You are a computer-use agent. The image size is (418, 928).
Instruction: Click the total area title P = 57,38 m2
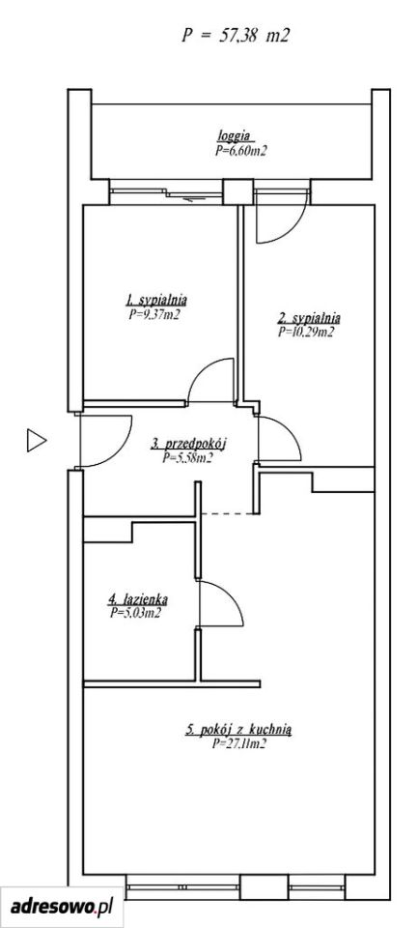pyautogui.click(x=236, y=36)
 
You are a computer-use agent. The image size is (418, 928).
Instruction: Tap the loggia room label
pyautogui.click(x=236, y=133)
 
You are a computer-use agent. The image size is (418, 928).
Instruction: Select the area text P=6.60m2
pyautogui.click(x=240, y=151)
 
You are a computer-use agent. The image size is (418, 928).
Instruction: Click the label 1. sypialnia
pyautogui.click(x=153, y=299)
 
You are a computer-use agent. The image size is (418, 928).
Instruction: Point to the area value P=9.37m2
pyautogui.click(x=153, y=315)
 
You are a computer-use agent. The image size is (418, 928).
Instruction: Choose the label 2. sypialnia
pyautogui.click(x=309, y=317)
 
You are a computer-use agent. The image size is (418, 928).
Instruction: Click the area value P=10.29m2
pyautogui.click(x=306, y=332)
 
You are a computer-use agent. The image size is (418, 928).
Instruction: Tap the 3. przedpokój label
pyautogui.click(x=189, y=443)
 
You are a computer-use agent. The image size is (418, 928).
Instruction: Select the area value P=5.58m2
pyautogui.click(x=187, y=457)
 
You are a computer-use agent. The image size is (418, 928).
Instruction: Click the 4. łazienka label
pyautogui.click(x=137, y=599)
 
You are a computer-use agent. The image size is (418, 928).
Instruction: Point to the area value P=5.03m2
pyautogui.click(x=135, y=613)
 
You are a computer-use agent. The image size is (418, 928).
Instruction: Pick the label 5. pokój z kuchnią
pyautogui.click(x=238, y=731)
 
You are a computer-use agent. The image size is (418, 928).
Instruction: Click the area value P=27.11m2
pyautogui.click(x=238, y=744)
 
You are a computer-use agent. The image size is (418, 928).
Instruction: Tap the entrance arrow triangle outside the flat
pyautogui.click(x=36, y=441)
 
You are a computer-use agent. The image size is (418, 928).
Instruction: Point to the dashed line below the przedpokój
pyautogui.click(x=227, y=513)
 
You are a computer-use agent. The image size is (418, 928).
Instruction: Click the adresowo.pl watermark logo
pyautogui.click(x=62, y=906)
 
